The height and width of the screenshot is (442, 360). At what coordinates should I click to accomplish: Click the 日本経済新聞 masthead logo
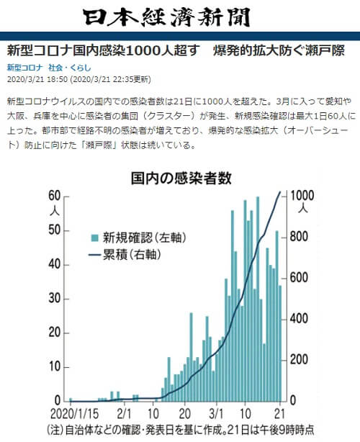tap(180, 18)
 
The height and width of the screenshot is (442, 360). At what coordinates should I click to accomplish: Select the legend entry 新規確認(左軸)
tap(137, 238)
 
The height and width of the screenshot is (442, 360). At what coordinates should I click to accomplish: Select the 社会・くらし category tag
tap(66, 67)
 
